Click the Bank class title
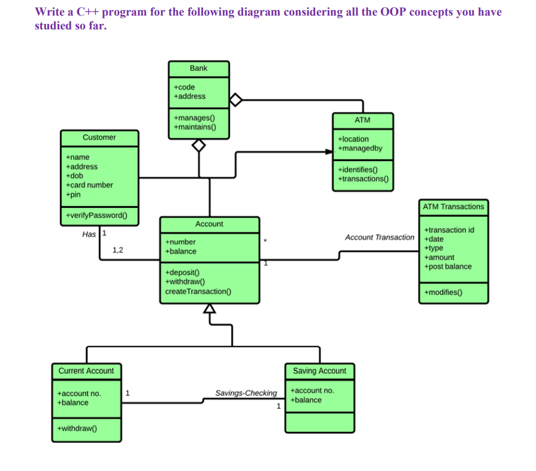[x=198, y=68]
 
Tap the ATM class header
[x=362, y=120]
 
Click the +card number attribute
[x=89, y=185]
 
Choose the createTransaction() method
[x=198, y=291]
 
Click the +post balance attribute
[x=447, y=267]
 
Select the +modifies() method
[x=442, y=292]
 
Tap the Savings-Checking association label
[x=246, y=394]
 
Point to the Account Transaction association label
[x=379, y=237]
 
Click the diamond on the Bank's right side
[x=235, y=99]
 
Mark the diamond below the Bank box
[x=199, y=145]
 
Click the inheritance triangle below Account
[x=209, y=309]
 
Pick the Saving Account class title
[x=319, y=371]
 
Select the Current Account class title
[x=86, y=371]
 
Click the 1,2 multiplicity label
[x=118, y=250]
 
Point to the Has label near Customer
[x=89, y=234]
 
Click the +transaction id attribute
[x=449, y=230]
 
